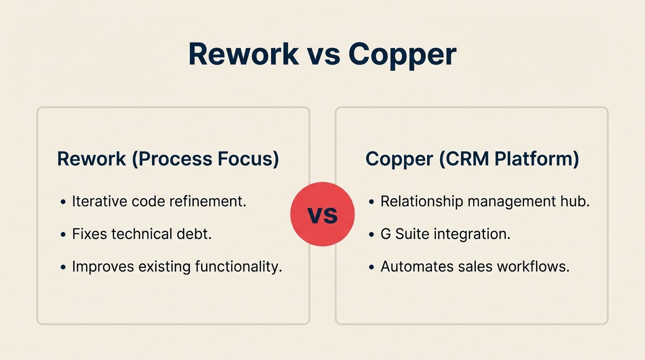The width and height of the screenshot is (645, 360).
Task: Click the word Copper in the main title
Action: (402, 55)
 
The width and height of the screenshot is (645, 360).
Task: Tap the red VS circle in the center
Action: (322, 215)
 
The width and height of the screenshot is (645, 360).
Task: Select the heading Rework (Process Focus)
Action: (168, 159)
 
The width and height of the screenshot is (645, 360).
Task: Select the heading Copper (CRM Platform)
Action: (472, 159)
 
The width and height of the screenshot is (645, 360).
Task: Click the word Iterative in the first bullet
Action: (99, 202)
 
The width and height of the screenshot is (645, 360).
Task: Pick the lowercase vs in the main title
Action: (323, 55)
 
